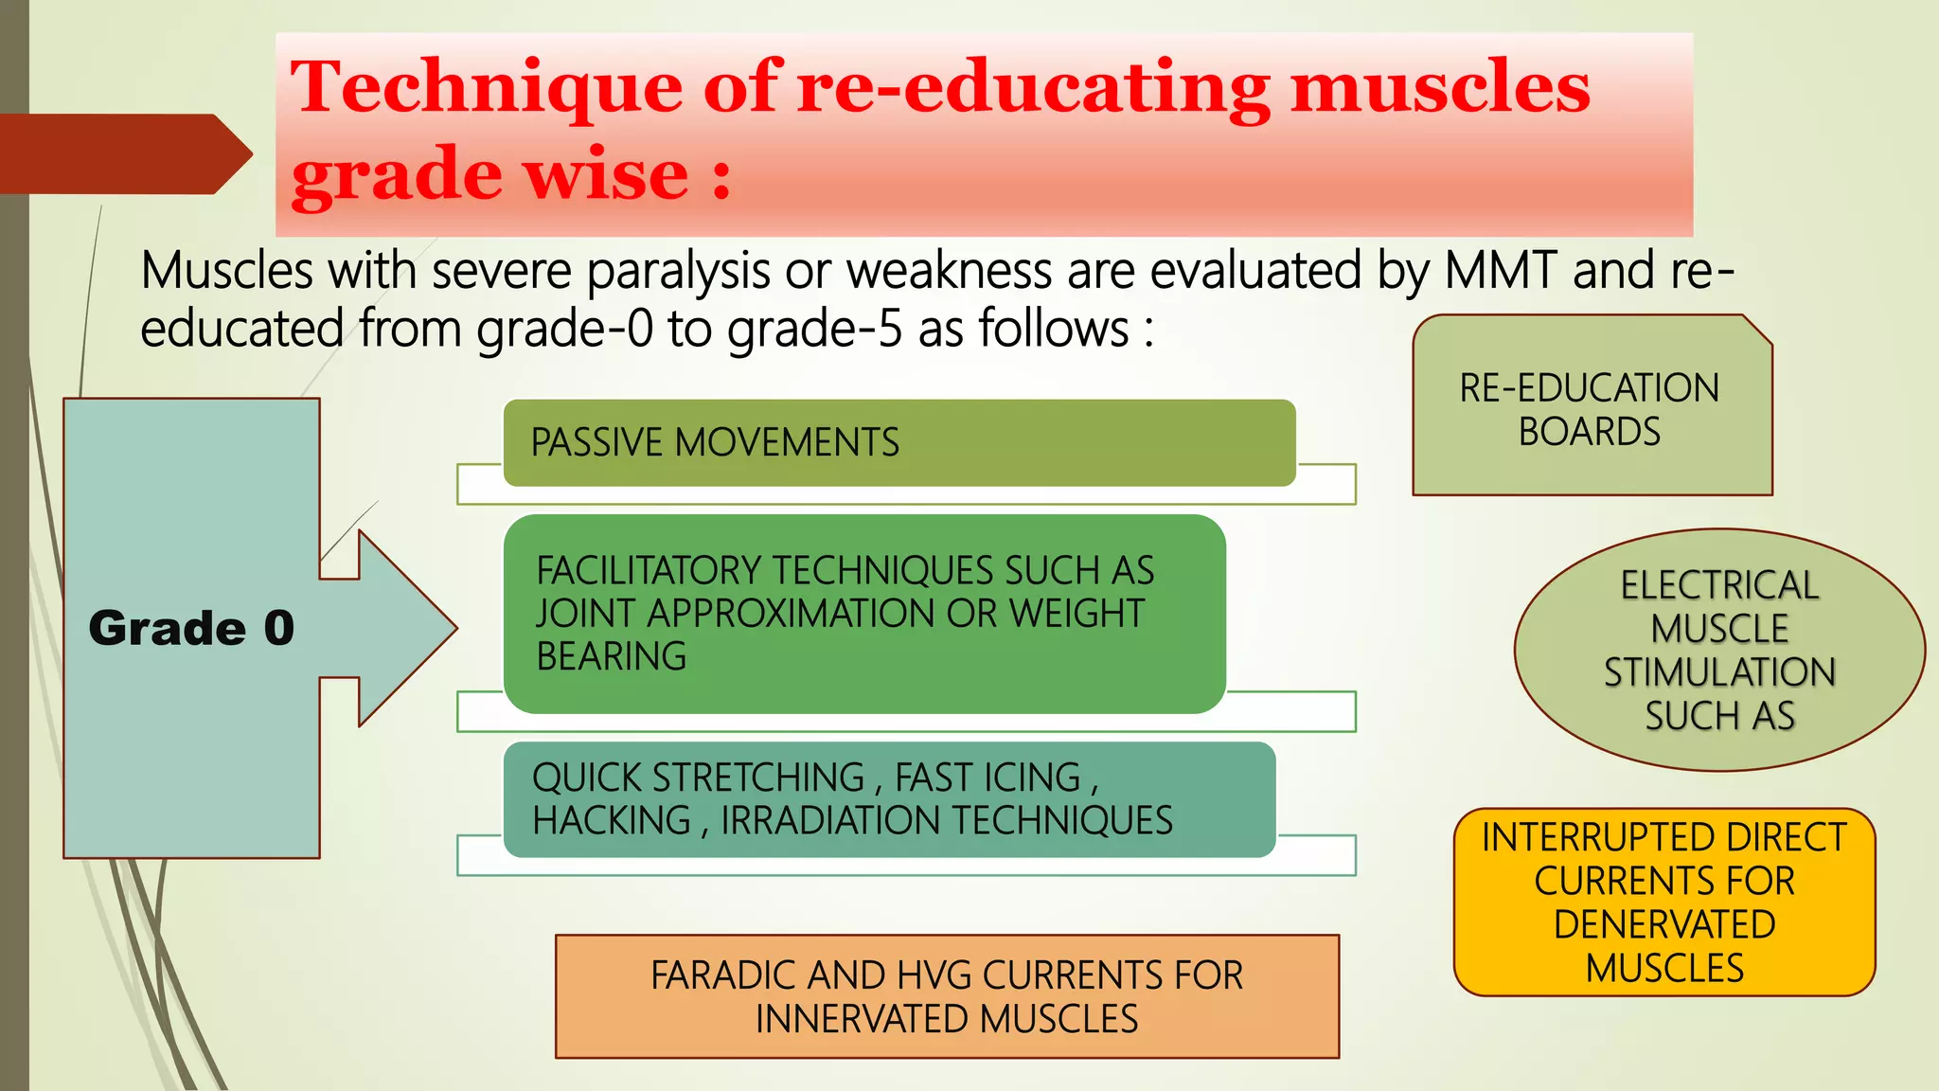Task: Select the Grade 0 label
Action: click(x=191, y=628)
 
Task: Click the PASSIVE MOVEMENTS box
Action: click(x=898, y=442)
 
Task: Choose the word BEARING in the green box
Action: click(x=612, y=656)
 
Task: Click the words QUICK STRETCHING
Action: click(x=699, y=778)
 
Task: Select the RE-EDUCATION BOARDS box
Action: click(x=1591, y=408)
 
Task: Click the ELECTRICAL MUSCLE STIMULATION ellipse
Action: click(x=1719, y=650)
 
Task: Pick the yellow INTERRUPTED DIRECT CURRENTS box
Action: click(x=1664, y=902)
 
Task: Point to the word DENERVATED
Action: click(x=1664, y=924)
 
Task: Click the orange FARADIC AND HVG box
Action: click(x=947, y=995)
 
